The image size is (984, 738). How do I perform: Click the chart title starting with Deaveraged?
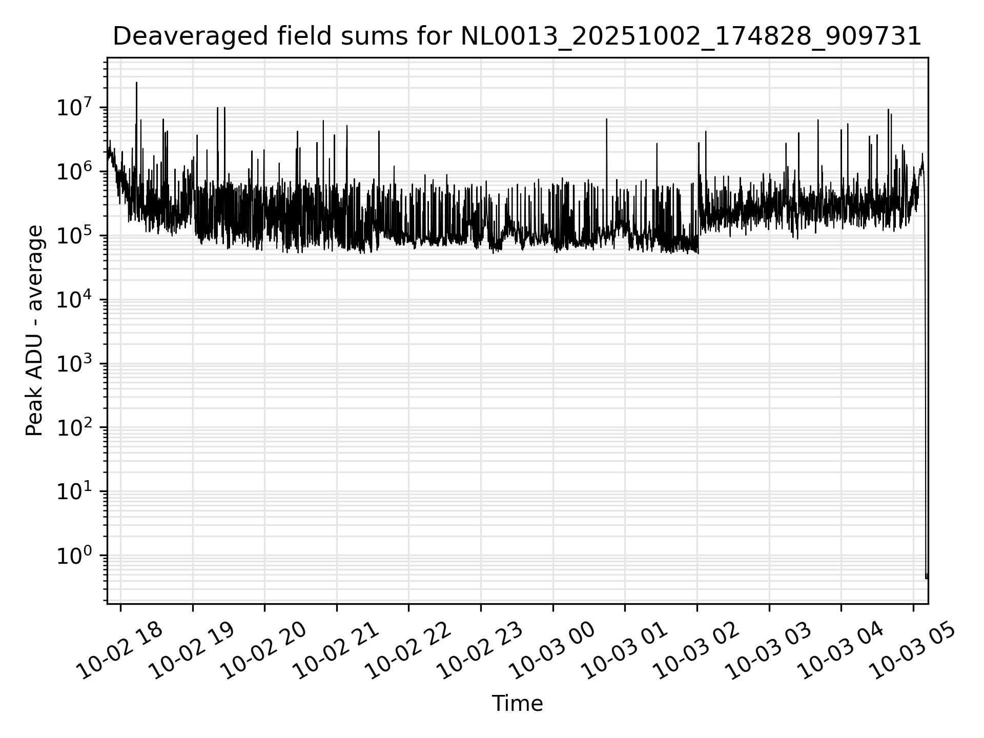pyautogui.click(x=517, y=37)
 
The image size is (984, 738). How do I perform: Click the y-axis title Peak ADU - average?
pyautogui.click(x=35, y=331)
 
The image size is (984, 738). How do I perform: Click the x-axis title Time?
pyautogui.click(x=517, y=704)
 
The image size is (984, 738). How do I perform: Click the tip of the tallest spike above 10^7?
pyautogui.click(x=136, y=83)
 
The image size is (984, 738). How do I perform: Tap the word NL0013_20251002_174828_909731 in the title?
pyautogui.click(x=691, y=37)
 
